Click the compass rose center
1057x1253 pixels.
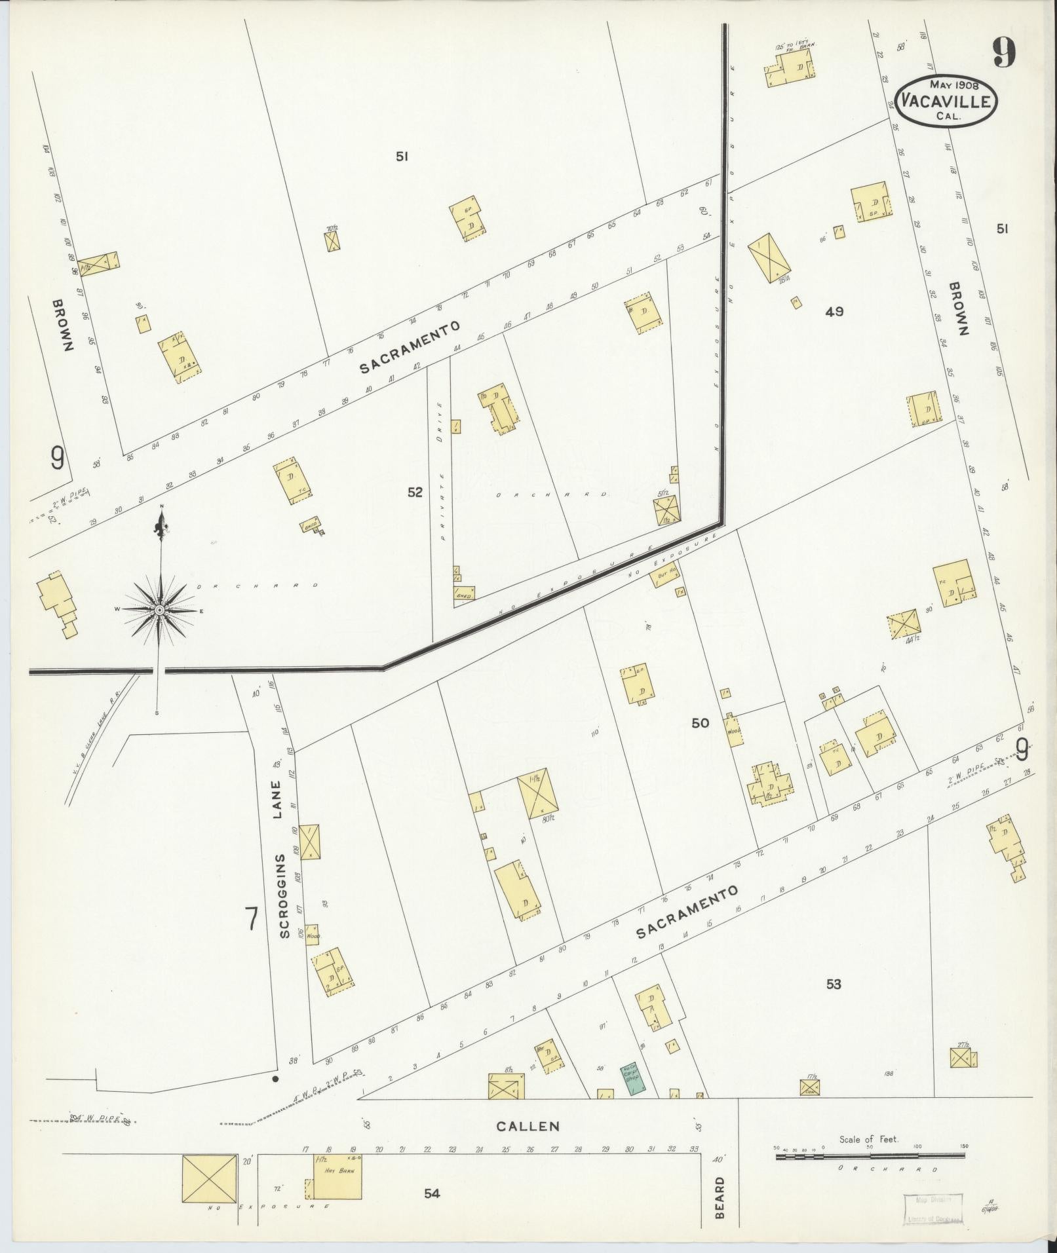(159, 610)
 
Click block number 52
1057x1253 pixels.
(415, 493)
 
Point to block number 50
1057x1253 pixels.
(700, 722)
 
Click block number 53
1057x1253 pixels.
(834, 1002)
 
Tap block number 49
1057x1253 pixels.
(834, 312)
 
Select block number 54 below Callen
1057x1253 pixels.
(431, 1193)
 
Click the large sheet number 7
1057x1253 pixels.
(250, 918)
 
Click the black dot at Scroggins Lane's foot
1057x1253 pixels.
(275, 1077)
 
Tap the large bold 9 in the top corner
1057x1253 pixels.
(1003, 52)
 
